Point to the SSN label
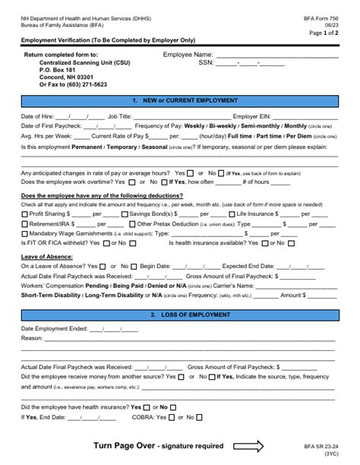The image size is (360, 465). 206,63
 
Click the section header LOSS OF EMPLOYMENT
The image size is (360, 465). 180,315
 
